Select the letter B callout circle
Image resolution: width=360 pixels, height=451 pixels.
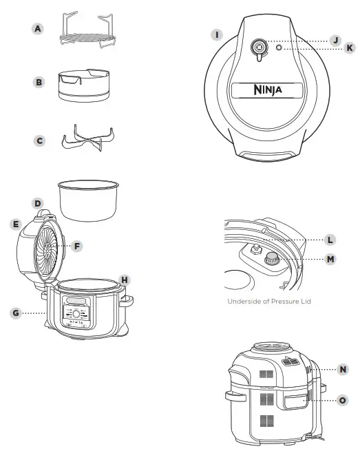click(x=39, y=82)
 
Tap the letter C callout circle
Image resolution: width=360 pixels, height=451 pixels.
click(x=39, y=140)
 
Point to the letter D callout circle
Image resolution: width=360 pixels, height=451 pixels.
click(x=38, y=204)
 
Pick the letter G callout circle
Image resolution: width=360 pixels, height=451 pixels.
click(x=16, y=312)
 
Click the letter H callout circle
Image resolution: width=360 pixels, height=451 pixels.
click(x=125, y=280)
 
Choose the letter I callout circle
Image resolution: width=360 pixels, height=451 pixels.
click(x=218, y=34)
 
